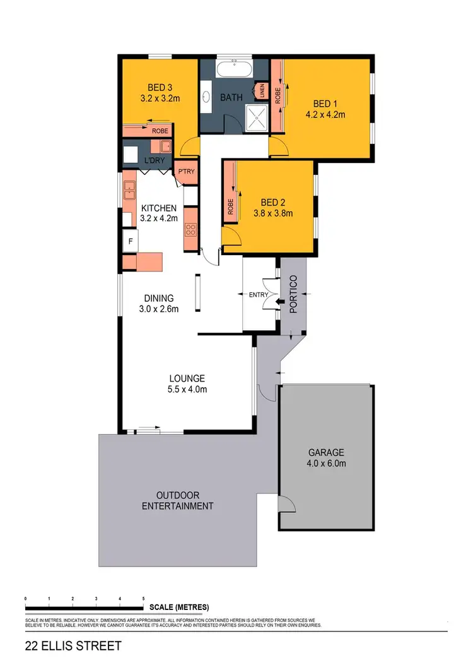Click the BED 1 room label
pyautogui.click(x=325, y=104)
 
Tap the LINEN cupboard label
pyautogui.click(x=260, y=92)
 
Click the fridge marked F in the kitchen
pyautogui.click(x=131, y=241)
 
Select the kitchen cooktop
pyautogui.click(x=190, y=230)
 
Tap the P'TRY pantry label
pyautogui.click(x=186, y=172)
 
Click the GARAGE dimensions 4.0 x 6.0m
pyautogui.click(x=326, y=463)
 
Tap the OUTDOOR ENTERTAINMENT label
pyautogui.click(x=177, y=501)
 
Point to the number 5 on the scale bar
pyautogui.click(x=144, y=598)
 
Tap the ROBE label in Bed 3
pyautogui.click(x=160, y=131)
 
